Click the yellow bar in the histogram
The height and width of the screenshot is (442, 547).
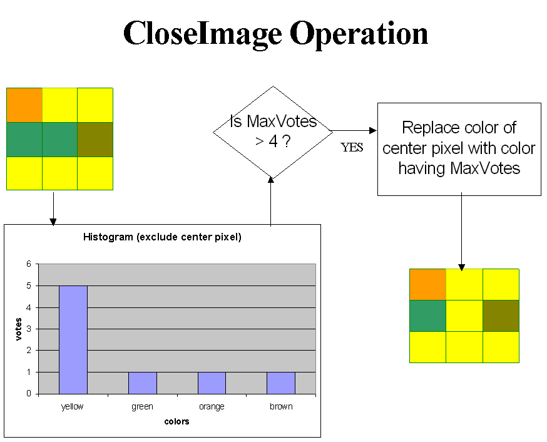[73, 339]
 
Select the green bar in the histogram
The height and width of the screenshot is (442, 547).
[142, 383]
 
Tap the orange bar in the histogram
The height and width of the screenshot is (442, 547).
[212, 383]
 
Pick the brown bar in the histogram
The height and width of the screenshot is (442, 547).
[281, 383]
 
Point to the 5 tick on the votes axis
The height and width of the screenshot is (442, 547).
[29, 285]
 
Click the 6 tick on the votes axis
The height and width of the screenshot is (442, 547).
[29, 264]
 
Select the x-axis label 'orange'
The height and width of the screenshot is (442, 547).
[212, 407]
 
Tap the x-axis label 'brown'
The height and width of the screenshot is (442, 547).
[281, 406]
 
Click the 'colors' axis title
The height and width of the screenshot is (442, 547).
[176, 421]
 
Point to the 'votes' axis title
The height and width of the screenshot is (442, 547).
[19, 329]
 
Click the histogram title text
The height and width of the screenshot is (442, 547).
[162, 237]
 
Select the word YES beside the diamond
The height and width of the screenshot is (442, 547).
[352, 148]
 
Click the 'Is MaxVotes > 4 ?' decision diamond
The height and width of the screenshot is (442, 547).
[273, 133]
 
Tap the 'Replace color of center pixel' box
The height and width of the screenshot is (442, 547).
[459, 149]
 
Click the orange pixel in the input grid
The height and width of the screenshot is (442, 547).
[24, 105]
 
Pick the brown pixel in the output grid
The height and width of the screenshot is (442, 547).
[501, 316]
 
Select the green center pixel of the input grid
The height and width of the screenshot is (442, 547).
[59, 140]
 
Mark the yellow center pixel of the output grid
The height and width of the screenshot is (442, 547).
[464, 316]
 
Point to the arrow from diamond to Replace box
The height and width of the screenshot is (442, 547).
[354, 131]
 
